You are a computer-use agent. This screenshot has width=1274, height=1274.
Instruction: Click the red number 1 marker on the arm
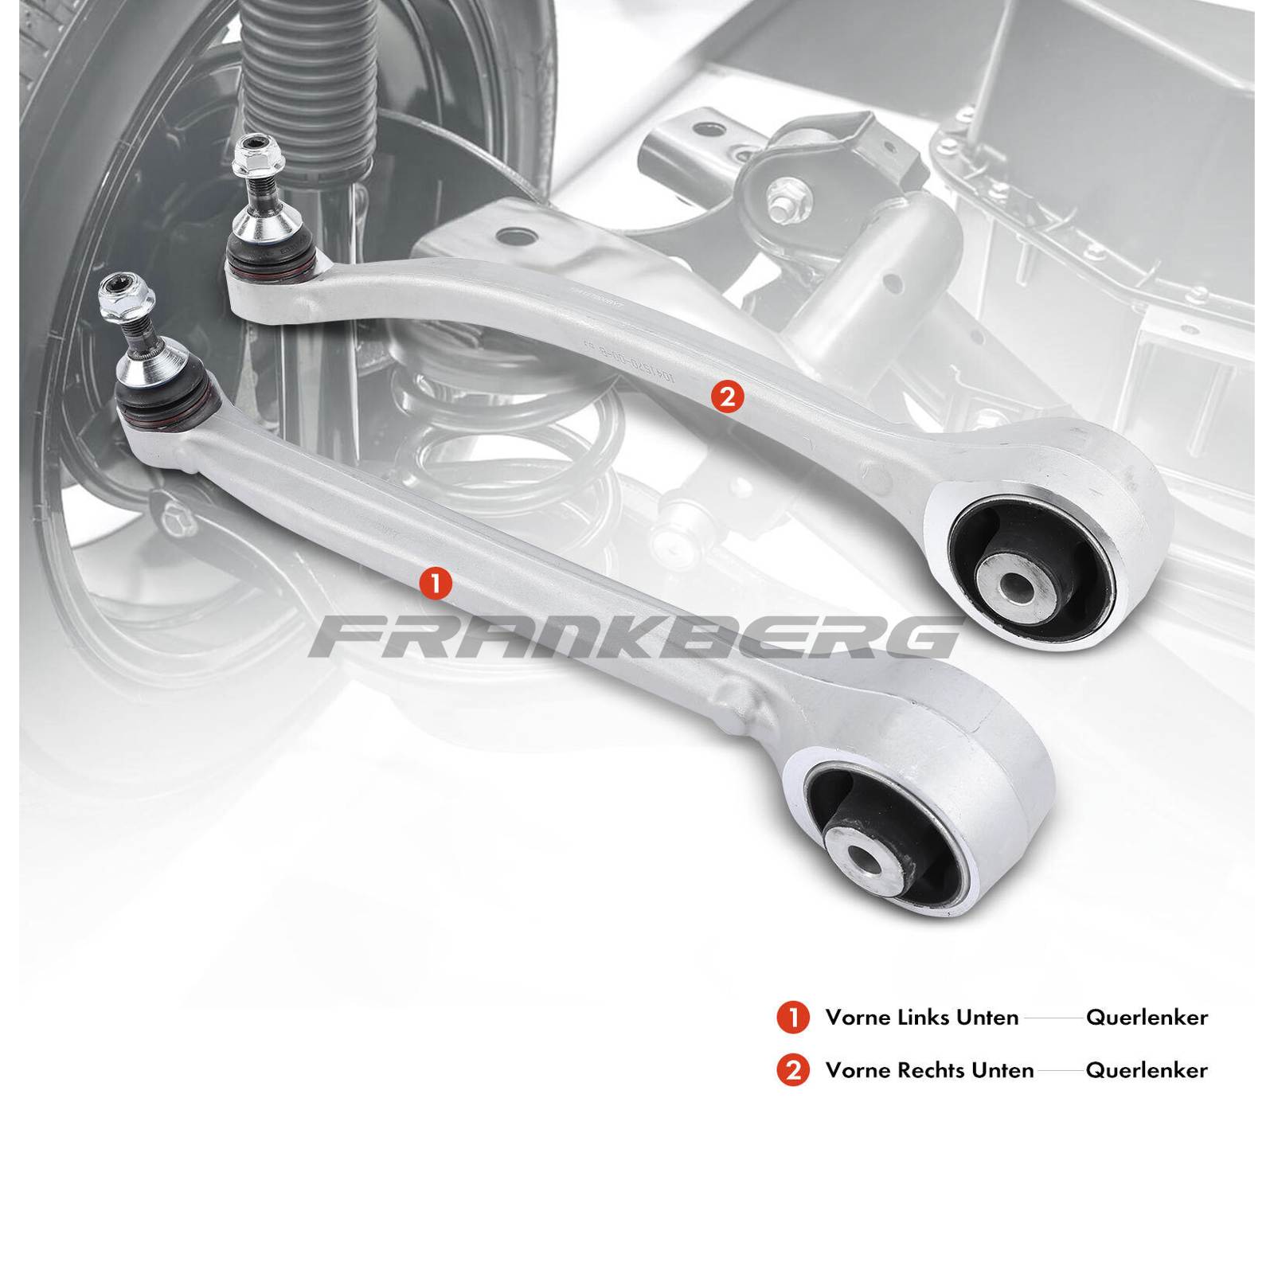[x=436, y=584]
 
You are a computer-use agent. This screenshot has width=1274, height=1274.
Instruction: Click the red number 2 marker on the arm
[x=729, y=397]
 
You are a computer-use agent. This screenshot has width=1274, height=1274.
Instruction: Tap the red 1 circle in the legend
[x=792, y=1018]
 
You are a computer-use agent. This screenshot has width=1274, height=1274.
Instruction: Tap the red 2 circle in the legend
[x=792, y=1070]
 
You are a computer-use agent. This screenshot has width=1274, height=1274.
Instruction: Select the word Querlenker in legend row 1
[x=1147, y=1018]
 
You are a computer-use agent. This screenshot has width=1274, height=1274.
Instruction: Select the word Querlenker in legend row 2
[x=1147, y=1070]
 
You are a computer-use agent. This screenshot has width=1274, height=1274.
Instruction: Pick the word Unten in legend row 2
[x=1006, y=1070]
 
